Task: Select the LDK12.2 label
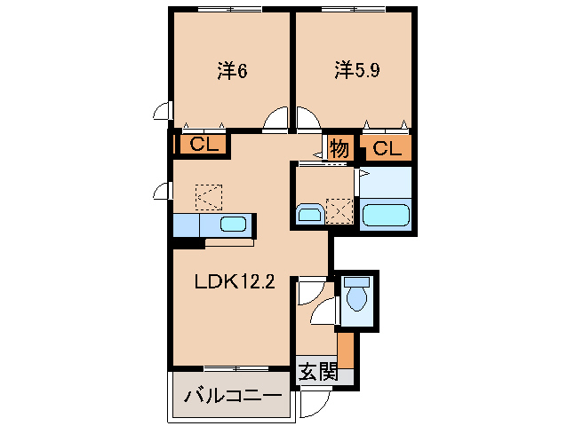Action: pyautogui.click(x=235, y=283)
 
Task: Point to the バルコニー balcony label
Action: pyautogui.click(x=232, y=397)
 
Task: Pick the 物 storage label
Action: pyautogui.click(x=339, y=148)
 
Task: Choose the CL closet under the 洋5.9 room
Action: pyautogui.click(x=387, y=148)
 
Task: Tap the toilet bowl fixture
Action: pyautogui.click(x=356, y=296)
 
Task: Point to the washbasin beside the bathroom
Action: pyautogui.click(x=308, y=214)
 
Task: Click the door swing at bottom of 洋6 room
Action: pyautogui.click(x=276, y=121)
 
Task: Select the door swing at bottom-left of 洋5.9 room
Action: pyautogui.click(x=307, y=120)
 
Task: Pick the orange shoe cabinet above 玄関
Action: pyautogui.click(x=346, y=347)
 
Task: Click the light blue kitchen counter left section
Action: pyautogui.click(x=188, y=226)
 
